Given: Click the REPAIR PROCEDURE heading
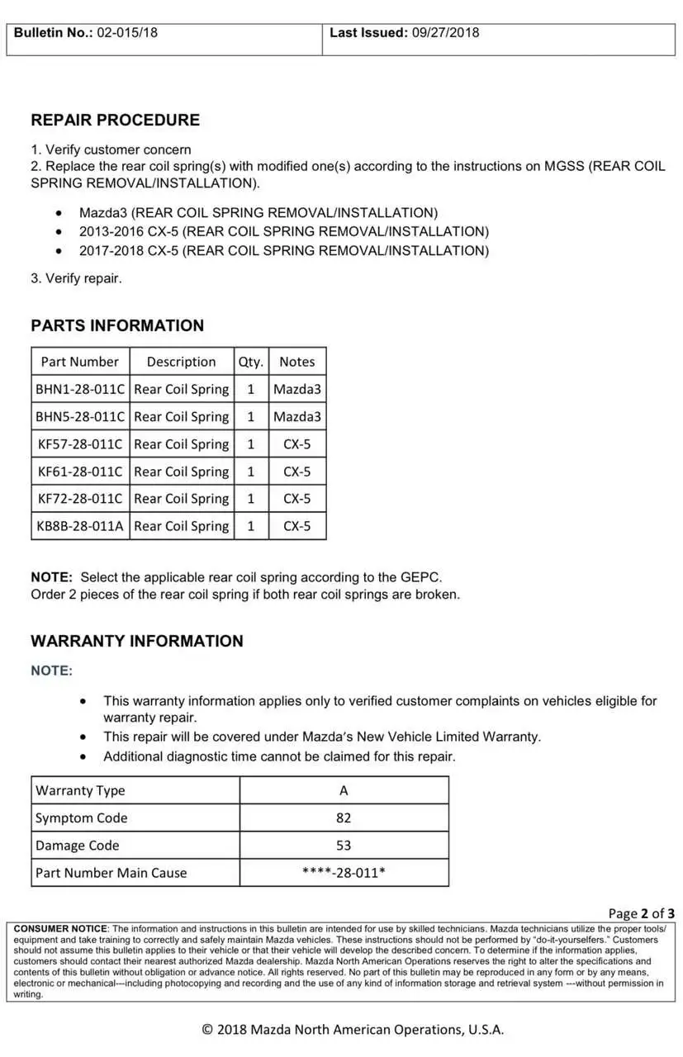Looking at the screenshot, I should tap(115, 120).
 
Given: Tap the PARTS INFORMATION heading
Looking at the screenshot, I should tap(117, 325).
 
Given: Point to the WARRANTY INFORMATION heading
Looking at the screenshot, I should tap(137, 641).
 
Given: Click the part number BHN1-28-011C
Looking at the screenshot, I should tap(80, 389).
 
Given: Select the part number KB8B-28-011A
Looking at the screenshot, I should tap(80, 526).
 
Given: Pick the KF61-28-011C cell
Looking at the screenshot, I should tap(80, 472).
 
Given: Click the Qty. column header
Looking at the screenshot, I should tap(251, 362).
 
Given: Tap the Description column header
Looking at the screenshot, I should tap(181, 362).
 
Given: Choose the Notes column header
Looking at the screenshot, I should tap(297, 362).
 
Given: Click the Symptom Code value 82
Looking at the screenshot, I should tap(344, 818).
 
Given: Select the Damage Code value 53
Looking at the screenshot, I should tap(344, 845).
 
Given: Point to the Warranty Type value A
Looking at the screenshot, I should tap(344, 790).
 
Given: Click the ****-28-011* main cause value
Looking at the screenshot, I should tap(344, 872).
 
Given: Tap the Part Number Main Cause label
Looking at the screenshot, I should tap(111, 872).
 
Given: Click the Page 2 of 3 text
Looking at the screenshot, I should tap(641, 912).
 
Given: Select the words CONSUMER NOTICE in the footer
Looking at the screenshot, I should tap(61, 929).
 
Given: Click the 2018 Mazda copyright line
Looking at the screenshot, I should tap(353, 1029).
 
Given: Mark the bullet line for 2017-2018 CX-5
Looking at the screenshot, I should tap(283, 250).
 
